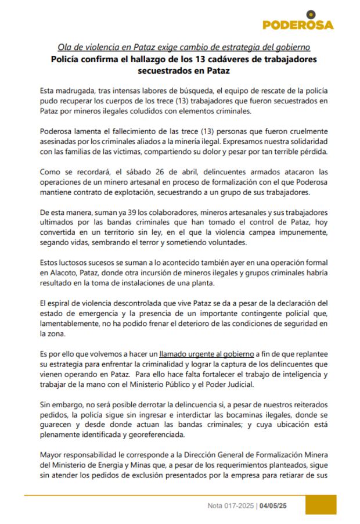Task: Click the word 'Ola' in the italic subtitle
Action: (64, 46)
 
